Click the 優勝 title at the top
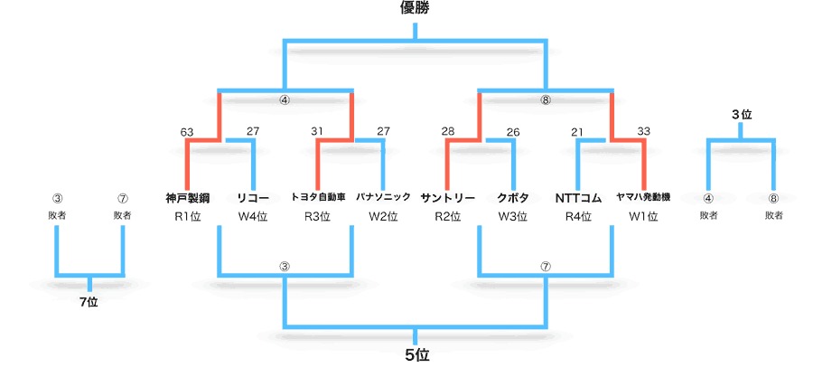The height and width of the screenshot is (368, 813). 416,9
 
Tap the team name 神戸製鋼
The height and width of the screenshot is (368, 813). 188,196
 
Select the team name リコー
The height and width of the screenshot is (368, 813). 253,196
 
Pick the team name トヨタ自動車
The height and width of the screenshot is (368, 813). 318,196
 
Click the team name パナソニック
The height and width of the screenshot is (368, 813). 383,196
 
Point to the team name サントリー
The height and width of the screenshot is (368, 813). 448,196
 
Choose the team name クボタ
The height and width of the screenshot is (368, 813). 513,196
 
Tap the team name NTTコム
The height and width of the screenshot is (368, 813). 578,196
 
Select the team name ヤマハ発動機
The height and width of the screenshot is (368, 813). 643,196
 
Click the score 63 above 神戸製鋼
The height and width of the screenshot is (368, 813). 187,132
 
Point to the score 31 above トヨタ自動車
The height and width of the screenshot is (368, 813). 317,132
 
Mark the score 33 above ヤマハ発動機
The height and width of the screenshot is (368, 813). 643,132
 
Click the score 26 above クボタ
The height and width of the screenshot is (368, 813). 513,132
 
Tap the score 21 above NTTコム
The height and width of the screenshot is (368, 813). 578,132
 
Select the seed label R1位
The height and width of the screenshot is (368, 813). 188,217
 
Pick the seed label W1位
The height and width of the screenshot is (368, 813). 643,217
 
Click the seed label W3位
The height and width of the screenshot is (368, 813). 513,217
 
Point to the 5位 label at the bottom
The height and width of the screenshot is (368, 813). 416,354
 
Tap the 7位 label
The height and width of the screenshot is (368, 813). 89,302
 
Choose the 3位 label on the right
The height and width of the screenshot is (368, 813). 741,115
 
